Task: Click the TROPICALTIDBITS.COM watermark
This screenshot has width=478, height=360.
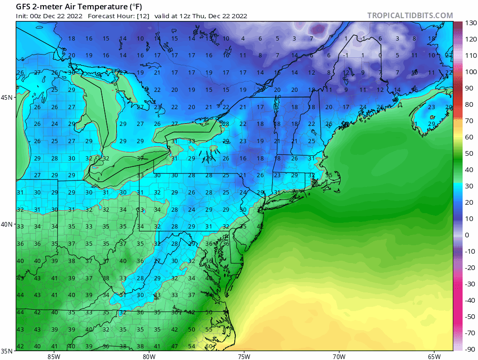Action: pyautogui.click(x=410, y=15)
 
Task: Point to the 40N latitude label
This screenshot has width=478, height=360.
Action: pyautogui.click(x=7, y=224)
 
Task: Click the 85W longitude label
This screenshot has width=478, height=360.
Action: pyautogui.click(x=54, y=356)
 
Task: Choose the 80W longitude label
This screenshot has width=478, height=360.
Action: pyautogui.click(x=149, y=356)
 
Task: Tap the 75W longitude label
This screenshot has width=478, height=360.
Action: pyautogui.click(x=244, y=356)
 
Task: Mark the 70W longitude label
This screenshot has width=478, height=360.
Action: pyautogui.click(x=339, y=356)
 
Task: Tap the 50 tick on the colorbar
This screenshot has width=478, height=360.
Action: pyautogui.click(x=469, y=153)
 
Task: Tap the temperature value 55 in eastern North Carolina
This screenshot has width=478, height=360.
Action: pyautogui.click(x=209, y=329)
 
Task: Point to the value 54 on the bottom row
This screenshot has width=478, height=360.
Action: pyautogui.click(x=191, y=346)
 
